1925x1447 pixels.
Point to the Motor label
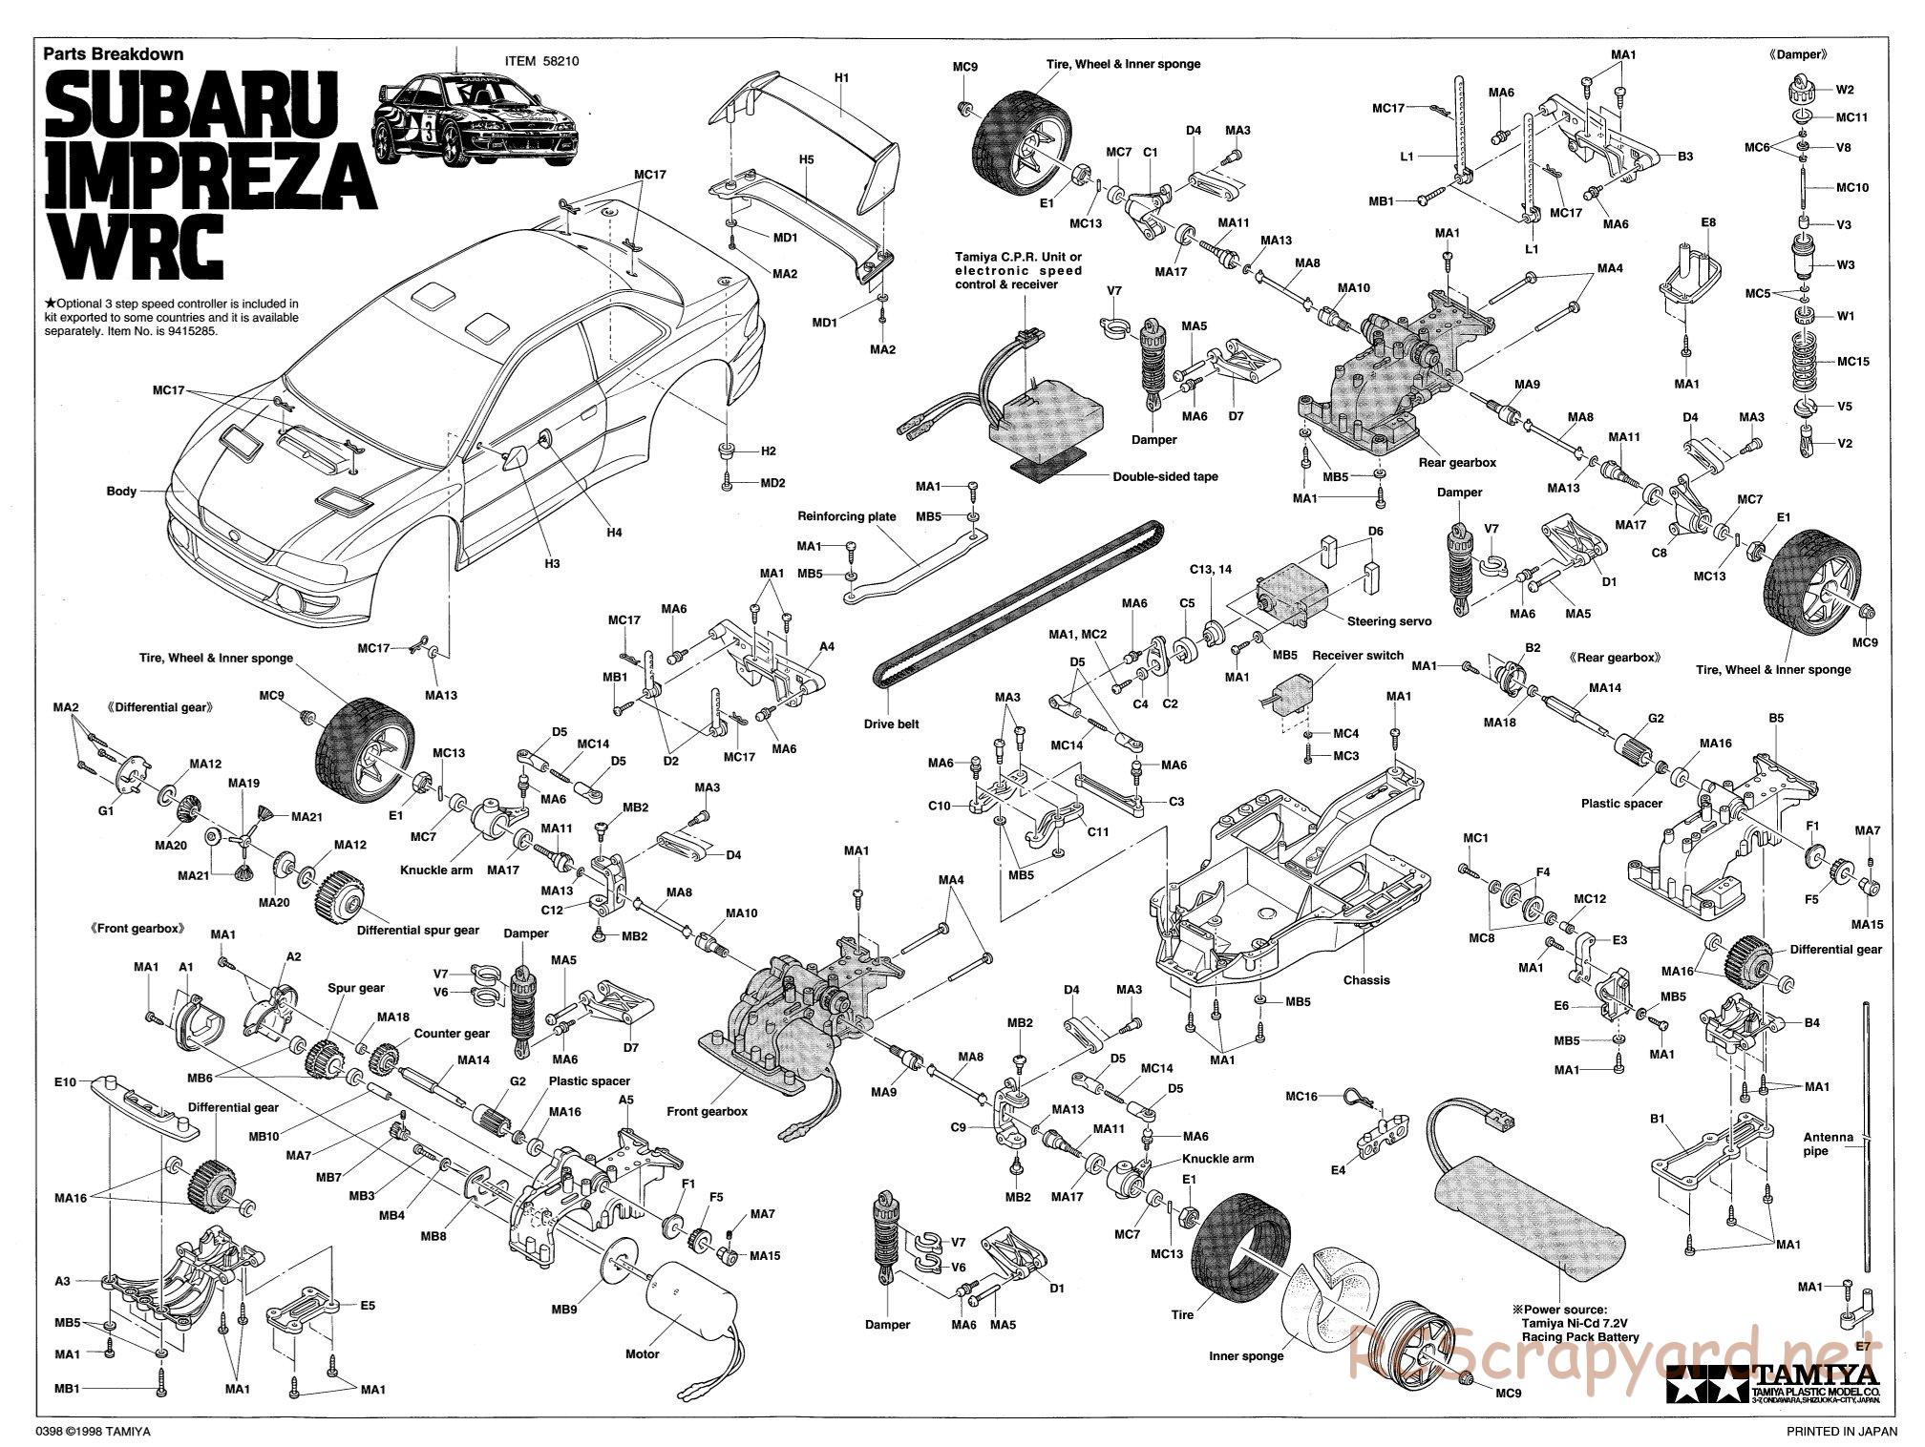pos(643,1353)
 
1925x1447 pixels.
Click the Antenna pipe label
pos(1828,1143)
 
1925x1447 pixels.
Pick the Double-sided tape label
pos(1165,476)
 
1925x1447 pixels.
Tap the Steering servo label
pos(1388,621)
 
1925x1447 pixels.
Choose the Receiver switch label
pos(1357,655)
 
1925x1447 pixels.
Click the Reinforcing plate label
pos(847,516)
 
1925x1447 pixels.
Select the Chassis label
pos(1366,979)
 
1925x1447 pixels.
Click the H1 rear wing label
pos(841,76)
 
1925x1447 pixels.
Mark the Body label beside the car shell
pos(121,492)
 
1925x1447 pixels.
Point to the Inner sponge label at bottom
pos(1246,1355)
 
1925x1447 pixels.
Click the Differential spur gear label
pos(417,930)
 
